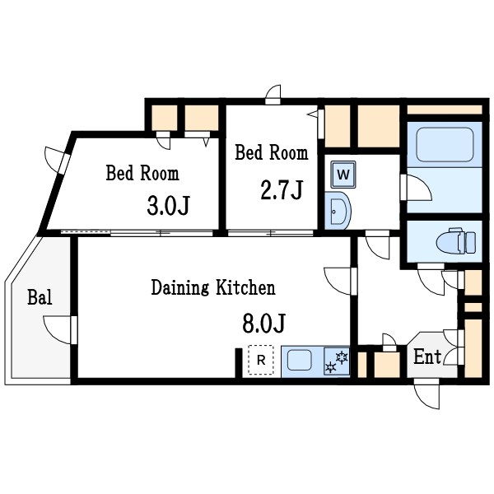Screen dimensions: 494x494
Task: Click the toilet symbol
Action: point(455,241)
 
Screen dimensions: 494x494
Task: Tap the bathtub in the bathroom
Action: point(445,145)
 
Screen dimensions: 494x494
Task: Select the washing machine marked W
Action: point(343,175)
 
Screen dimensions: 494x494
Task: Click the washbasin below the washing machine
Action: point(338,210)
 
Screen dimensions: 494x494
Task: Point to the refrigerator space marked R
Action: point(261,360)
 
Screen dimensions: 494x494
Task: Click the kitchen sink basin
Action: point(300,361)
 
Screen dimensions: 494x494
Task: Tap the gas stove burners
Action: point(337,362)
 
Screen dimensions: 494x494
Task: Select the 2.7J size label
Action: point(282,189)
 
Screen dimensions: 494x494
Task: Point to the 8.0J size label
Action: point(263,324)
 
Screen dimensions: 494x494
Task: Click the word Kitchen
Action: point(245,287)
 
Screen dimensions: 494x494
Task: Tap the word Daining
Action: point(179,287)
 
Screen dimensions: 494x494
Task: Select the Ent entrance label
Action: point(426,357)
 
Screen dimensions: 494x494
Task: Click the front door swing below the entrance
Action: point(426,394)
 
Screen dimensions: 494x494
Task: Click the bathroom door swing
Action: point(416,187)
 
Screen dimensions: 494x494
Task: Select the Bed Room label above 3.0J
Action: point(142,173)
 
